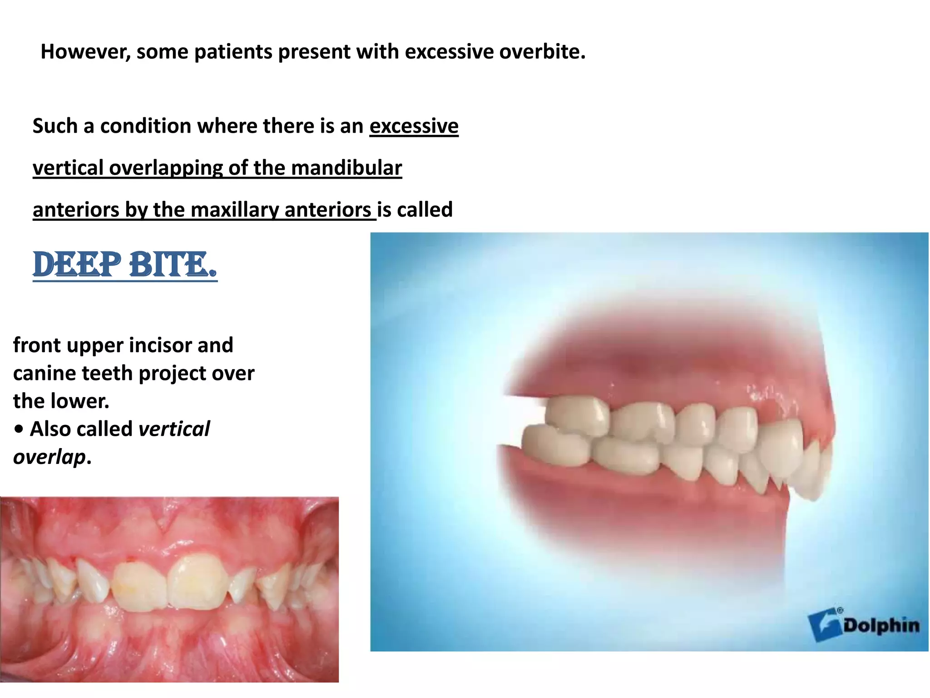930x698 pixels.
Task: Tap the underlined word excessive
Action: (x=414, y=126)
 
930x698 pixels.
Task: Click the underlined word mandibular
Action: (x=346, y=168)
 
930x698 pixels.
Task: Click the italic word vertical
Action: (x=174, y=429)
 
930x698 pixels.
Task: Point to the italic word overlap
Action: (x=49, y=457)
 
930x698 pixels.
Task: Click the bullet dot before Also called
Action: (x=19, y=429)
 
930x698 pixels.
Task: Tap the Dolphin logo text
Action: (x=881, y=626)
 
